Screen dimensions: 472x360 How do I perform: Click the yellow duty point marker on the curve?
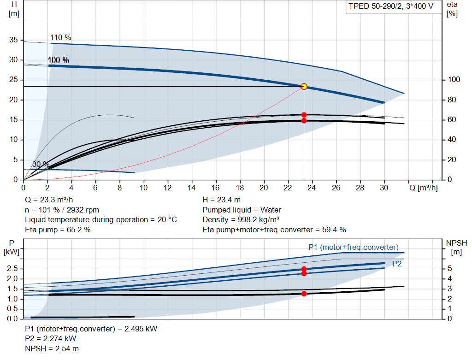(x=304, y=86)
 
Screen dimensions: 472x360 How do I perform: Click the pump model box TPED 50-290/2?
(x=391, y=6)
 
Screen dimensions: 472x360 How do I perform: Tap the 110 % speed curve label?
(x=60, y=38)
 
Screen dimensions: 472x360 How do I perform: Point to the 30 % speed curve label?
(x=41, y=165)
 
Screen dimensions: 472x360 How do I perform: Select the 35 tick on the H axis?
(x=13, y=40)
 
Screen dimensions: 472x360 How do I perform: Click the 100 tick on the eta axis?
(x=454, y=79)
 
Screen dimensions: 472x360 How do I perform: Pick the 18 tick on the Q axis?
(x=240, y=188)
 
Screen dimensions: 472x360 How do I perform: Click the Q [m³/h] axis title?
(x=424, y=188)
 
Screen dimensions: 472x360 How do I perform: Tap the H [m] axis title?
(x=14, y=9)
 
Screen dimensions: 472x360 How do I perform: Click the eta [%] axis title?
(x=452, y=9)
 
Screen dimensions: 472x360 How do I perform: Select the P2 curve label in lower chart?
(x=397, y=264)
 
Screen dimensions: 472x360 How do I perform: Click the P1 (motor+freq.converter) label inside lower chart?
(x=354, y=247)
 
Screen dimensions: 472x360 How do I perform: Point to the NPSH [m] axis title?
(x=456, y=248)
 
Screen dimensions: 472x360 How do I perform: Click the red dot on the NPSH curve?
(x=304, y=294)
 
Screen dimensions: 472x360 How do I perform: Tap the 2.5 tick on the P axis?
(x=12, y=268)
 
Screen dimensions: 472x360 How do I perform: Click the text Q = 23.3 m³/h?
(x=49, y=200)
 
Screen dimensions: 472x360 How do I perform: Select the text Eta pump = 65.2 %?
(x=58, y=230)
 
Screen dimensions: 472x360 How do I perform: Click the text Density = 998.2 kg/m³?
(x=241, y=220)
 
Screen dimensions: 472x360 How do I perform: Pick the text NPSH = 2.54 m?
(x=52, y=348)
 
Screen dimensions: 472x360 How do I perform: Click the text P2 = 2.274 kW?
(x=51, y=339)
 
